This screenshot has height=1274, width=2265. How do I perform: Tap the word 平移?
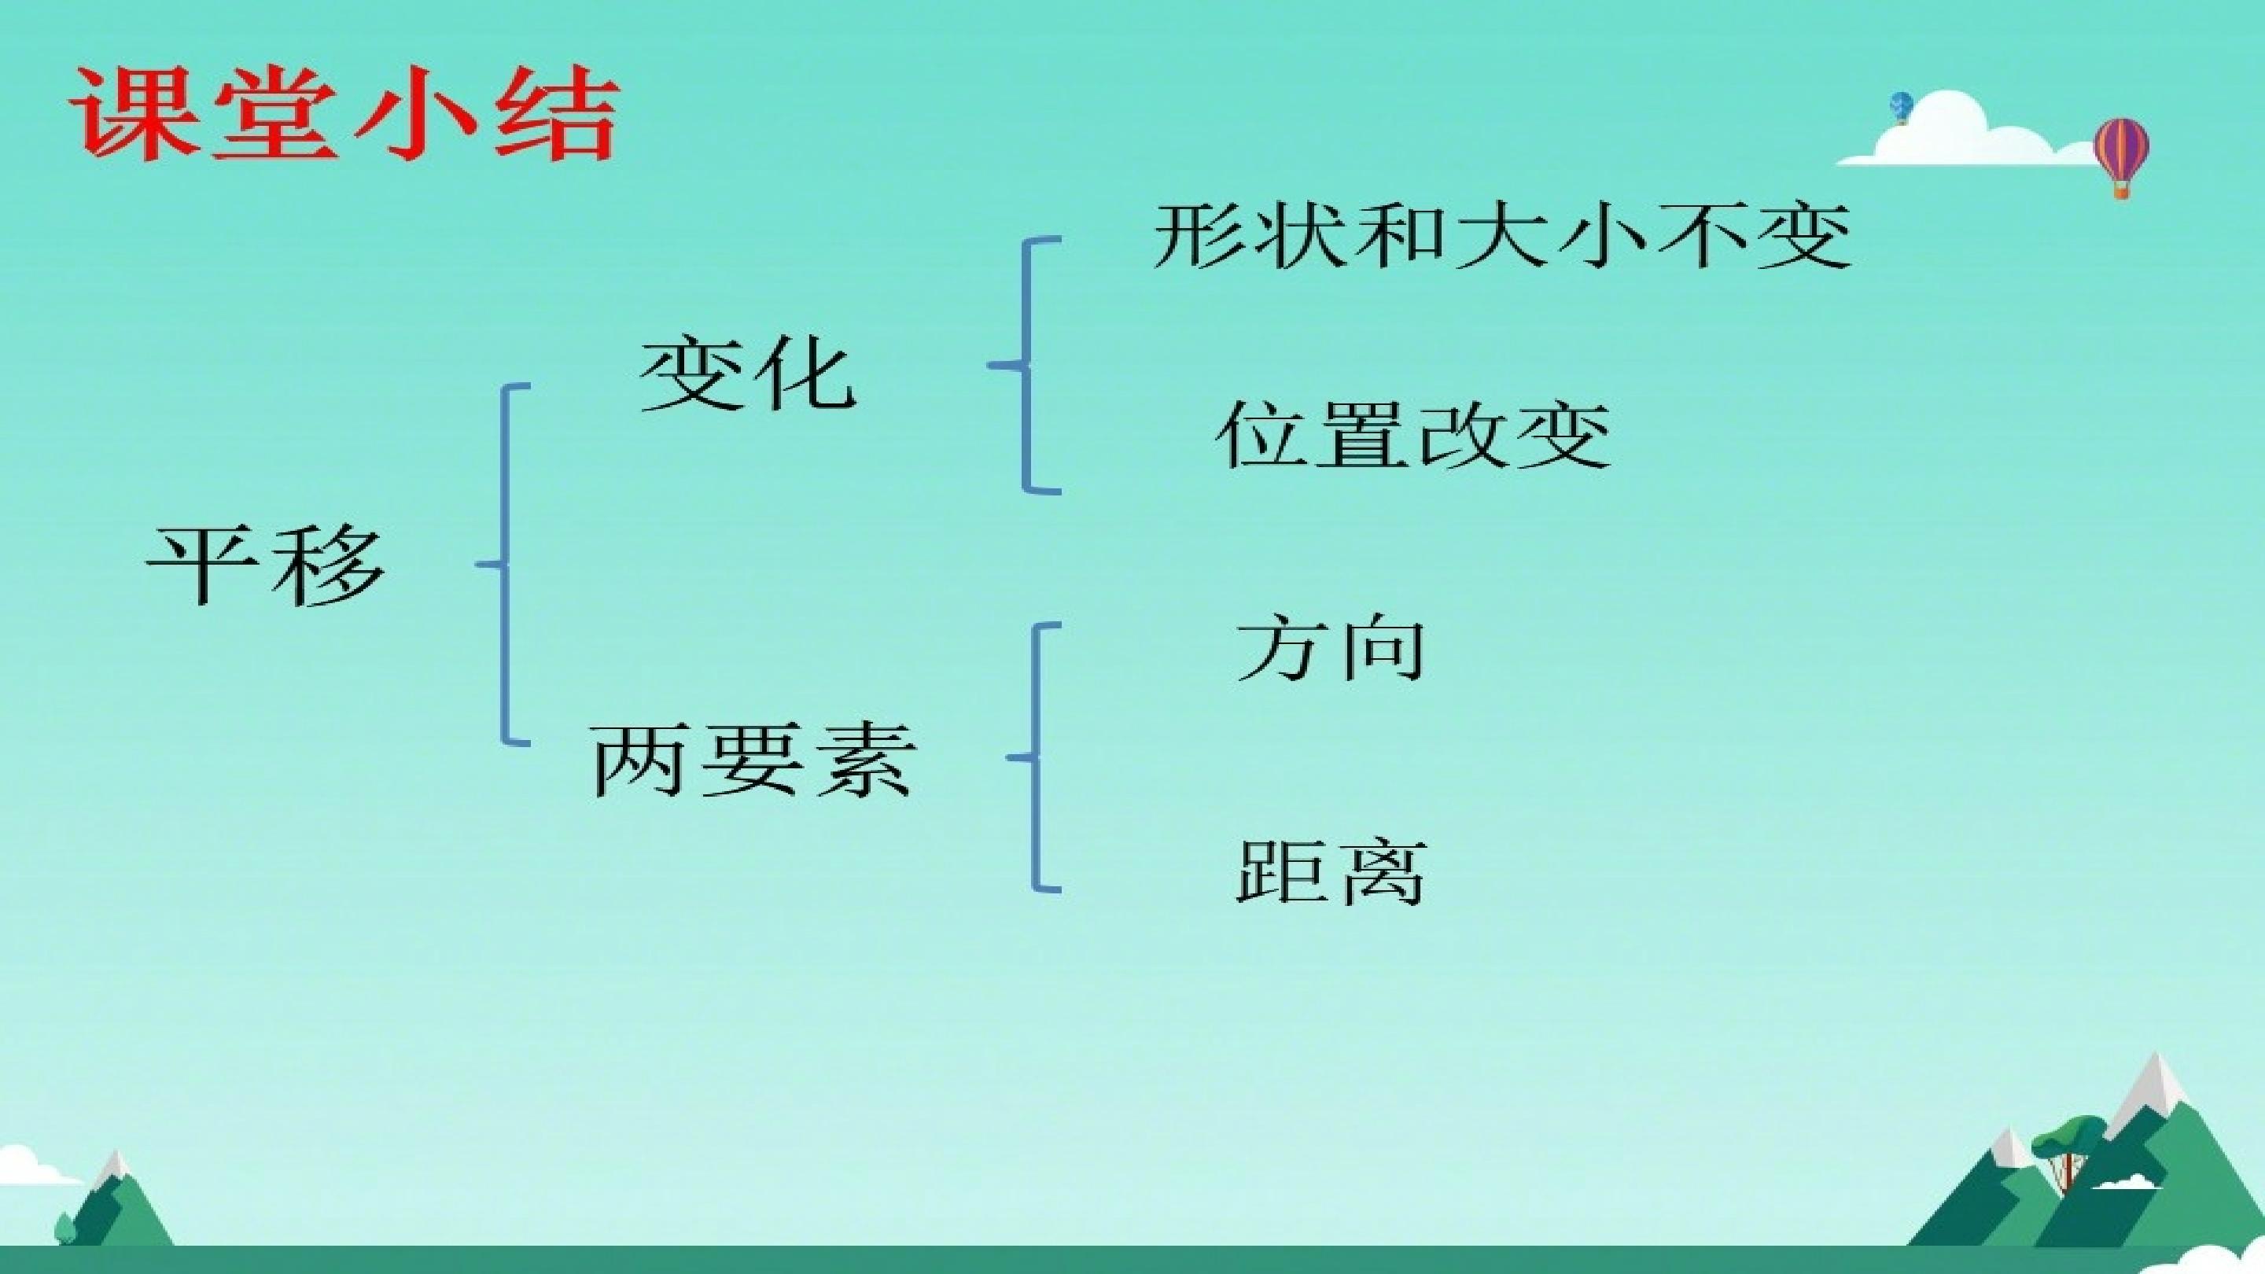[266, 565]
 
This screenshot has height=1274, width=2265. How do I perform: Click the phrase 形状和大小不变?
[1503, 236]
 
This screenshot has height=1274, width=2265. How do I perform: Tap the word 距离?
[1331, 872]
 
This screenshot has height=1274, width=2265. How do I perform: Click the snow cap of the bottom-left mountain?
[113, 1165]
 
